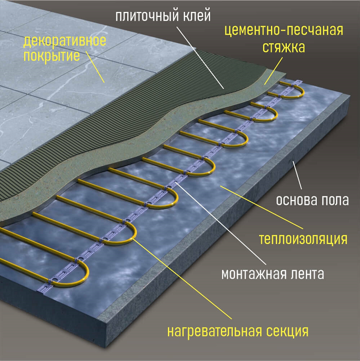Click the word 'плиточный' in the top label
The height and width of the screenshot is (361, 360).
[x=147, y=16]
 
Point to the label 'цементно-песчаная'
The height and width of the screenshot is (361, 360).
[x=284, y=30]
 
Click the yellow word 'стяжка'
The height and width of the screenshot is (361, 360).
[x=283, y=47]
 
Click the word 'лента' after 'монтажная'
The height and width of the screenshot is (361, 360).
[x=305, y=274]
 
